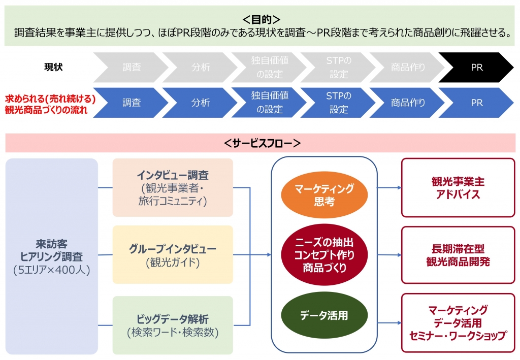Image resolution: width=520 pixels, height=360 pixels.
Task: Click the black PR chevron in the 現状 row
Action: [x=476, y=67]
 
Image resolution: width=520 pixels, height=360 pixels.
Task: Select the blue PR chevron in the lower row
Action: [x=476, y=103]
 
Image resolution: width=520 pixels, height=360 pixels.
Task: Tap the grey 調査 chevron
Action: [x=132, y=67]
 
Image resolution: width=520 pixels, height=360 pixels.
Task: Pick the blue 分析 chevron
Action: [x=201, y=103]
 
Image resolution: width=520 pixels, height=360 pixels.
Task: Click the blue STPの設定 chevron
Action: [x=339, y=103]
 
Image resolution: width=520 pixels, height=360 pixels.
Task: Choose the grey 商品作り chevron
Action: [x=408, y=67]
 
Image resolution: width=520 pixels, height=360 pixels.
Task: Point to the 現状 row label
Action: [x=53, y=67]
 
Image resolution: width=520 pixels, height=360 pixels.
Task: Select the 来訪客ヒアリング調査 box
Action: [x=51, y=256]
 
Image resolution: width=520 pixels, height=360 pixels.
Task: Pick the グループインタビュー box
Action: [x=173, y=255]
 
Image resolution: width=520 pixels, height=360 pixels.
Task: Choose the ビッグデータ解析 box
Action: [x=173, y=325]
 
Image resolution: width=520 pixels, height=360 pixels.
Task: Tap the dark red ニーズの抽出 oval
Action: [x=324, y=254]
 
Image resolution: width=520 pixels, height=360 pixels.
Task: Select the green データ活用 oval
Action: [x=324, y=315]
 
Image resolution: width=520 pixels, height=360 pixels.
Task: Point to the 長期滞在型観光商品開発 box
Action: [x=458, y=255]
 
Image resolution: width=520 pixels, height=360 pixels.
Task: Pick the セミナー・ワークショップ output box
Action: [x=458, y=323]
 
